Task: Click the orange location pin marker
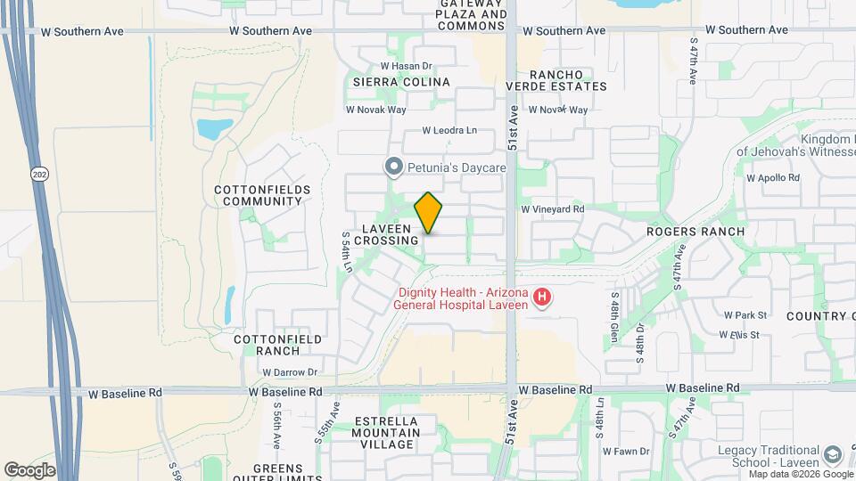[429, 213]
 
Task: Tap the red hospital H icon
[541, 298]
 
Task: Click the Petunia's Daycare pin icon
[392, 167]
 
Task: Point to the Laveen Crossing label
[386, 234]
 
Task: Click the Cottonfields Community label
[262, 195]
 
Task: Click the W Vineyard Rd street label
[553, 209]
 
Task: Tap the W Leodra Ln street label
[449, 130]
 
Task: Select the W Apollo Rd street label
[773, 177]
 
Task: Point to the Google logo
[29, 470]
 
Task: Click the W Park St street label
[745, 315]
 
